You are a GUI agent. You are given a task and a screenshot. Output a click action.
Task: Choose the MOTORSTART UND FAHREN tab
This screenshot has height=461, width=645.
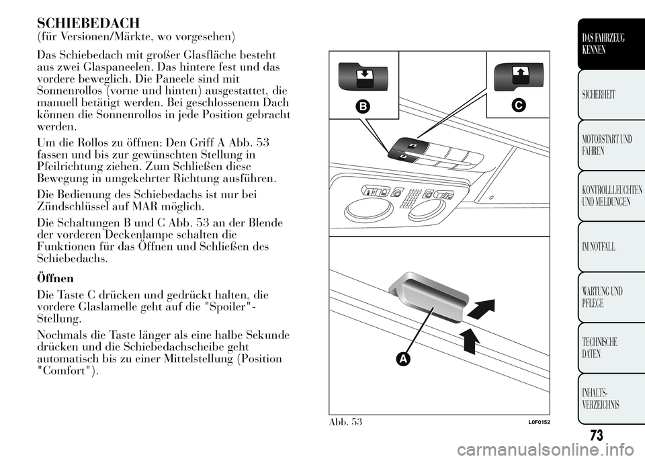pyautogui.click(x=609, y=146)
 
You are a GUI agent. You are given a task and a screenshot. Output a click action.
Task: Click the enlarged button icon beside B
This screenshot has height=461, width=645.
pyautogui.click(x=363, y=75)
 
